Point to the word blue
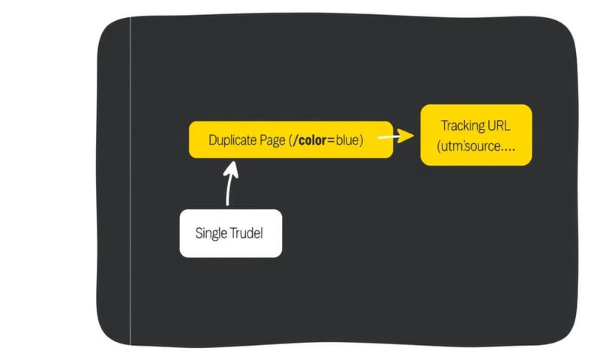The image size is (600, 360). [x=346, y=140]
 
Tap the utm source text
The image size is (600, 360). [x=466, y=147]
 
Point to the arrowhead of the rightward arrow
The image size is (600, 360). [x=407, y=136]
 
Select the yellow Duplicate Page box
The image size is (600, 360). [x=290, y=140]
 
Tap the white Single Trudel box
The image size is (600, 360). [x=231, y=233]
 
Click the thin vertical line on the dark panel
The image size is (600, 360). [x=130, y=180]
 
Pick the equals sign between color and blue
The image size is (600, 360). [x=328, y=141]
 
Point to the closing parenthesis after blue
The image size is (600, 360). [x=361, y=140]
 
